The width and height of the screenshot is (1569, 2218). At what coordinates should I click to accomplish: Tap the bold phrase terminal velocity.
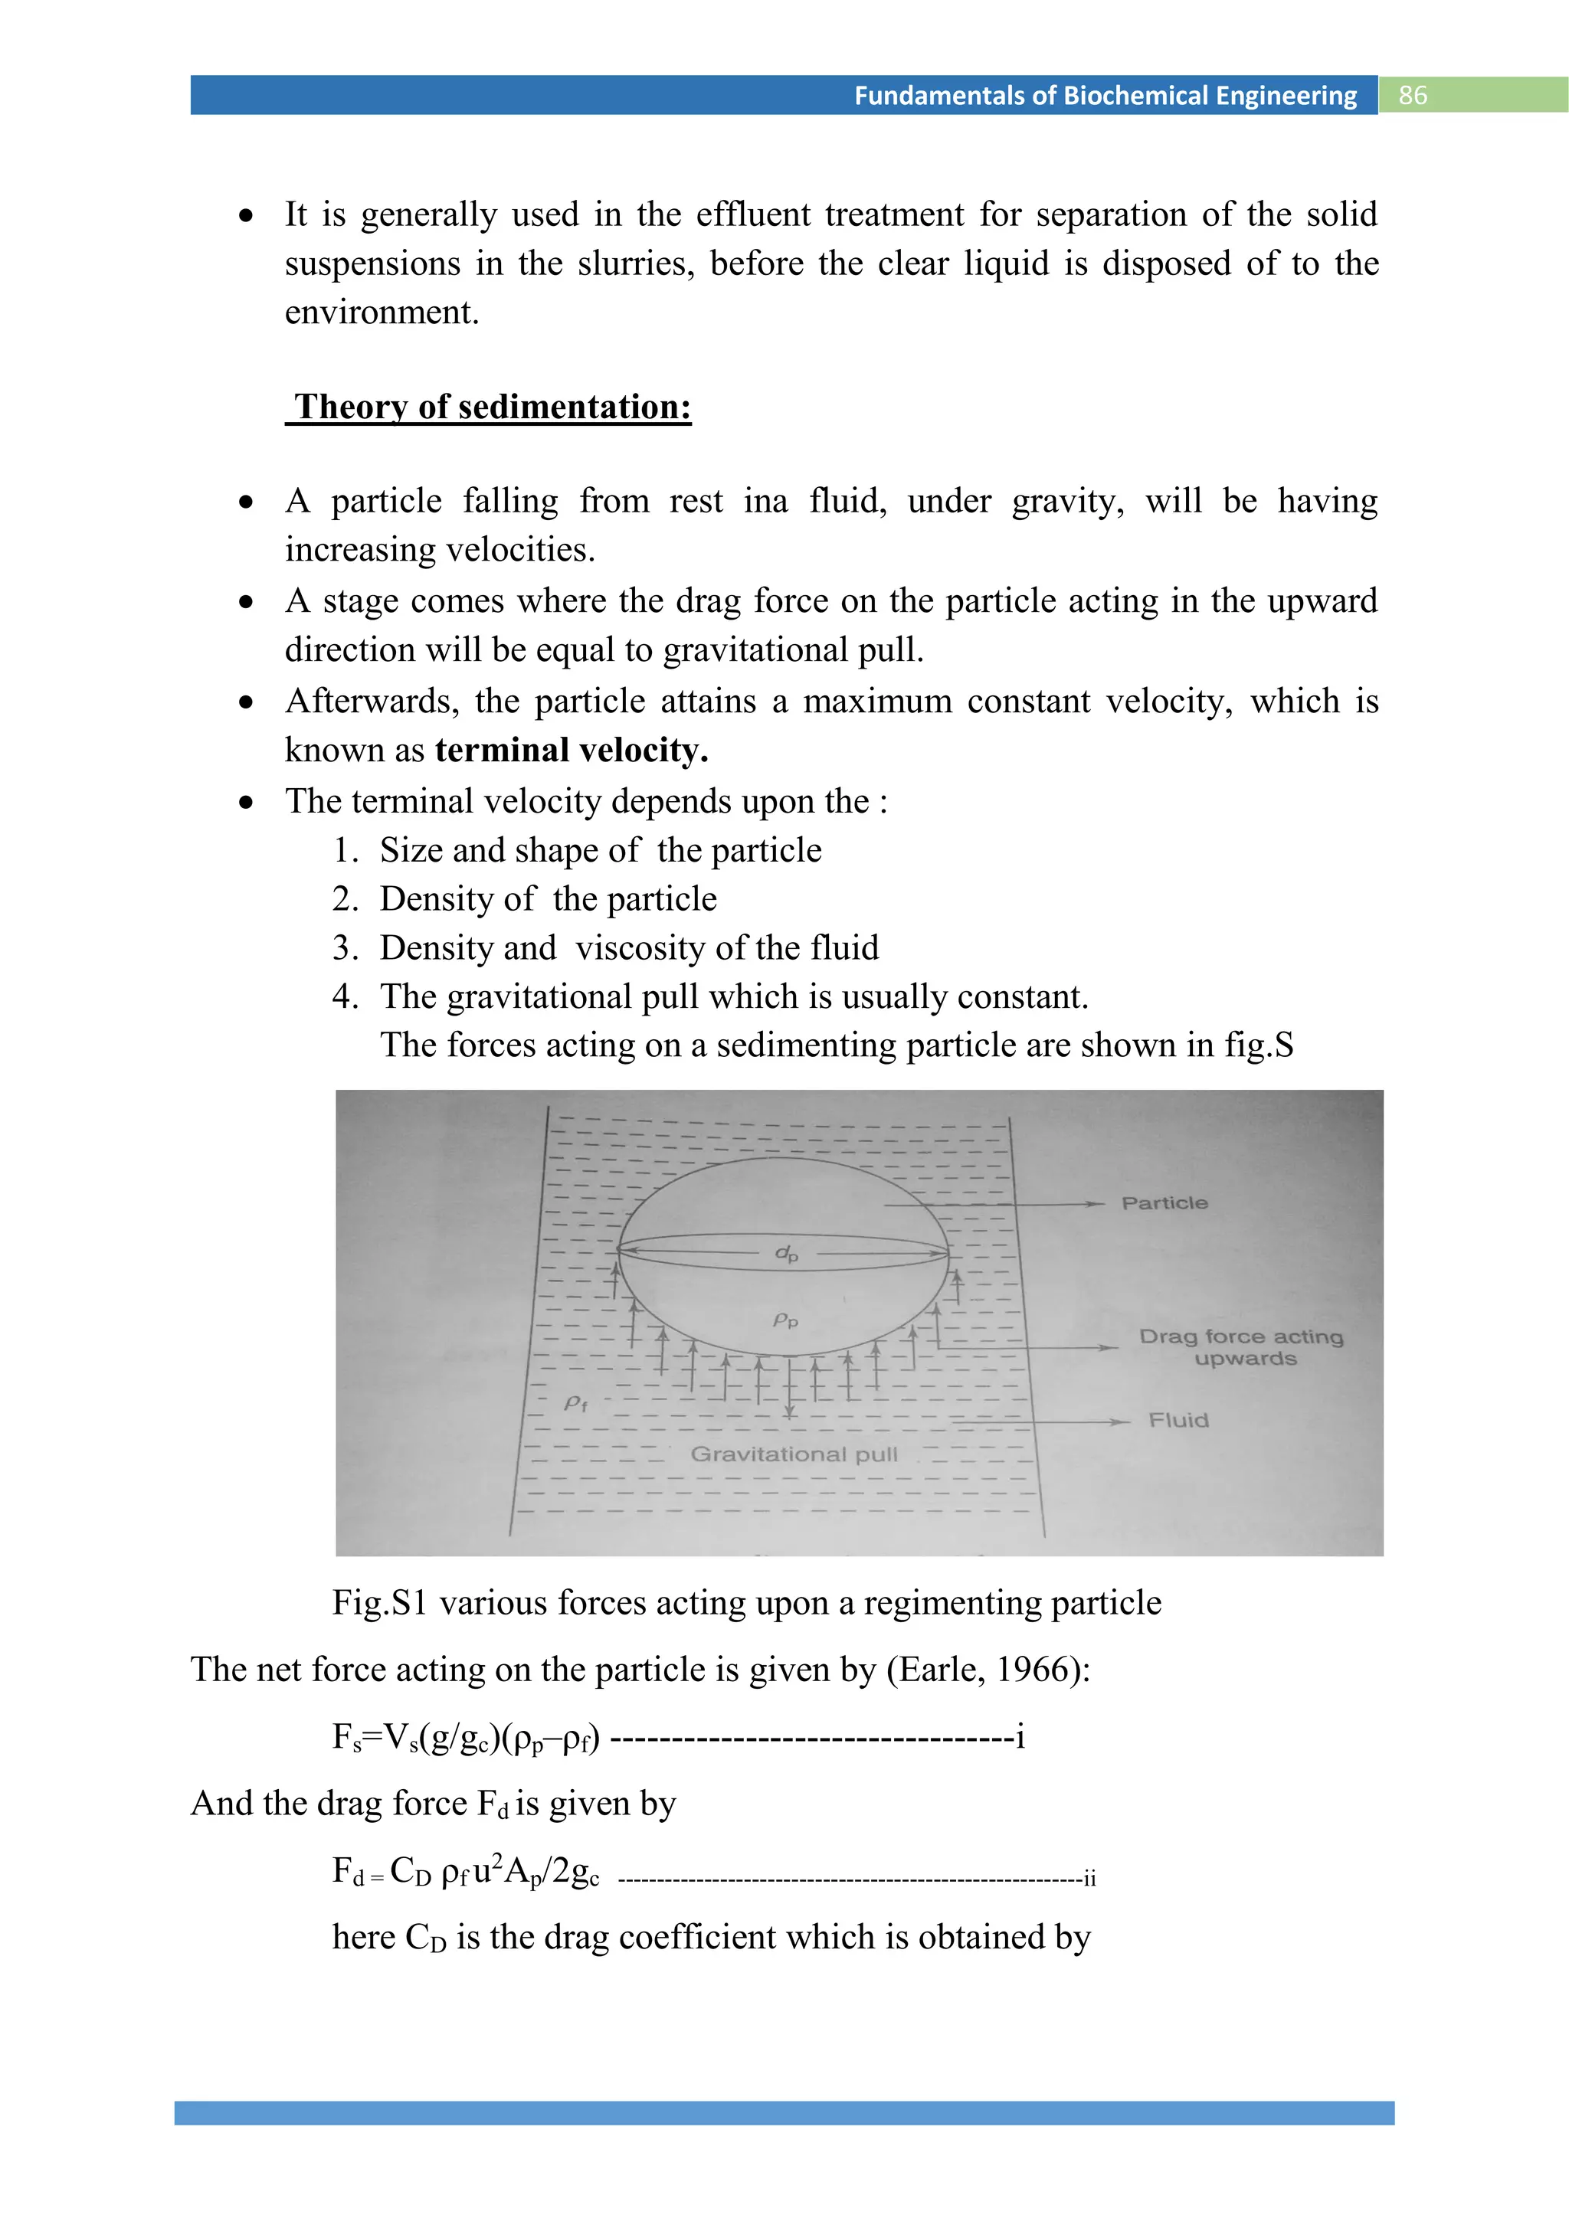[571, 751]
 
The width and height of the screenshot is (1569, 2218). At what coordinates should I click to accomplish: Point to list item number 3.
[345, 947]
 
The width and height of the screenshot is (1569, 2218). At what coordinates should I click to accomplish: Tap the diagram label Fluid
[1178, 1420]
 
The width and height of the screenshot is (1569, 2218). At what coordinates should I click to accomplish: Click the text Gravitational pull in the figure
[793, 1454]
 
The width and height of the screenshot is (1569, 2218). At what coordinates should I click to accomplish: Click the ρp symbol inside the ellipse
[785, 1320]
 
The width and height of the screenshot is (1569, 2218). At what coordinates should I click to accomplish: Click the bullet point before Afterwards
[247, 702]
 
